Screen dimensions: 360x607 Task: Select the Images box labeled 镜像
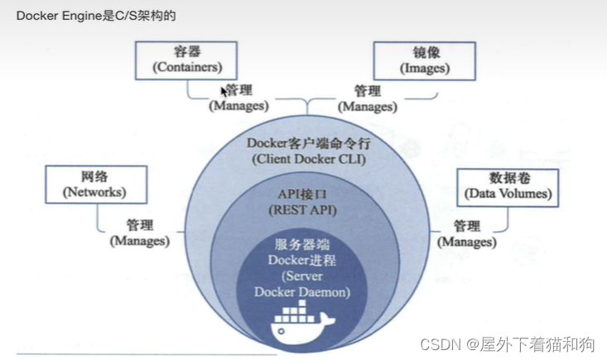424,60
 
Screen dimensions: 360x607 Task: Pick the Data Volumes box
507,185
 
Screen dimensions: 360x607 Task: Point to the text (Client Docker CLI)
306,158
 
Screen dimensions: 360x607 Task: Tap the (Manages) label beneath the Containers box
238,106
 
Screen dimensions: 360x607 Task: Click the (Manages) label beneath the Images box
369,106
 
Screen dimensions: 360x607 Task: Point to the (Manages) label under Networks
139,241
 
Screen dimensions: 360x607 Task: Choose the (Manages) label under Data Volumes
467,242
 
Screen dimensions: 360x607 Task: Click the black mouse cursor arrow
224,91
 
